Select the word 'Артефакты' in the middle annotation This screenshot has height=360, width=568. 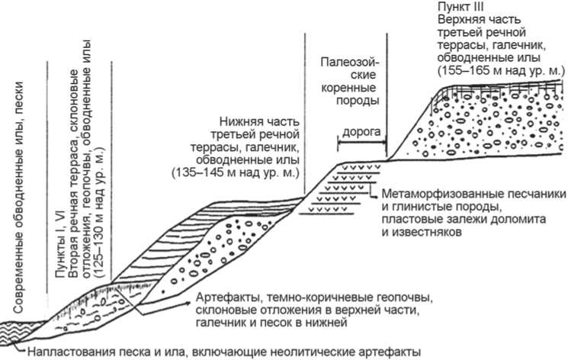(225, 296)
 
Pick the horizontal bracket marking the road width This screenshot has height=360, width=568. (361, 144)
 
